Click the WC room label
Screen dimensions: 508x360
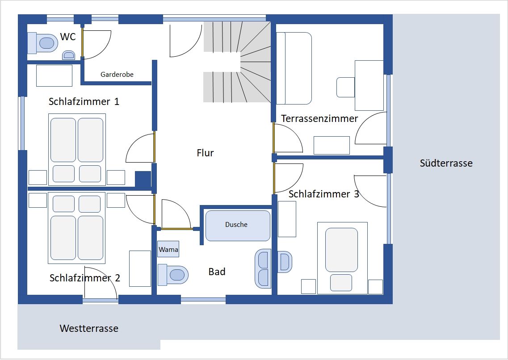[x=68, y=37]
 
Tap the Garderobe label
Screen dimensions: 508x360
[x=117, y=75]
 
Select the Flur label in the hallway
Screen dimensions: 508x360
[x=205, y=153]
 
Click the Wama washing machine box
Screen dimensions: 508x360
[x=168, y=249]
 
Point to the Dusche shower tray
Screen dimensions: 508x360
[x=238, y=226]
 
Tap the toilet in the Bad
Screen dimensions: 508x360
[x=173, y=275]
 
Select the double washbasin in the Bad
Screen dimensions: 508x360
[x=263, y=268]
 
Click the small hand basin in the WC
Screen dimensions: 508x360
[x=68, y=55]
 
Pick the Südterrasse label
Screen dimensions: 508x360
[x=446, y=163]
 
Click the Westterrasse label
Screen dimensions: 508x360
[x=89, y=328]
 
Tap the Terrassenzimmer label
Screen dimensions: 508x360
[x=319, y=118]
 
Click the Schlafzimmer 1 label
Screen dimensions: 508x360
[x=84, y=102]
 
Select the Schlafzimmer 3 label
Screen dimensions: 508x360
[x=323, y=194]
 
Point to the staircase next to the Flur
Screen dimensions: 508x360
[x=237, y=62]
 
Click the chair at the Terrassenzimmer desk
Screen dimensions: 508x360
[x=346, y=87]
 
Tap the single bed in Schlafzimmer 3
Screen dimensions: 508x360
[x=342, y=258]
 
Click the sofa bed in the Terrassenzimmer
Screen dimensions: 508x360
[x=294, y=68]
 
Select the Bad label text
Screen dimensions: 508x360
[x=217, y=272]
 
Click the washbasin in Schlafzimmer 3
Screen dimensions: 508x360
[x=285, y=262]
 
